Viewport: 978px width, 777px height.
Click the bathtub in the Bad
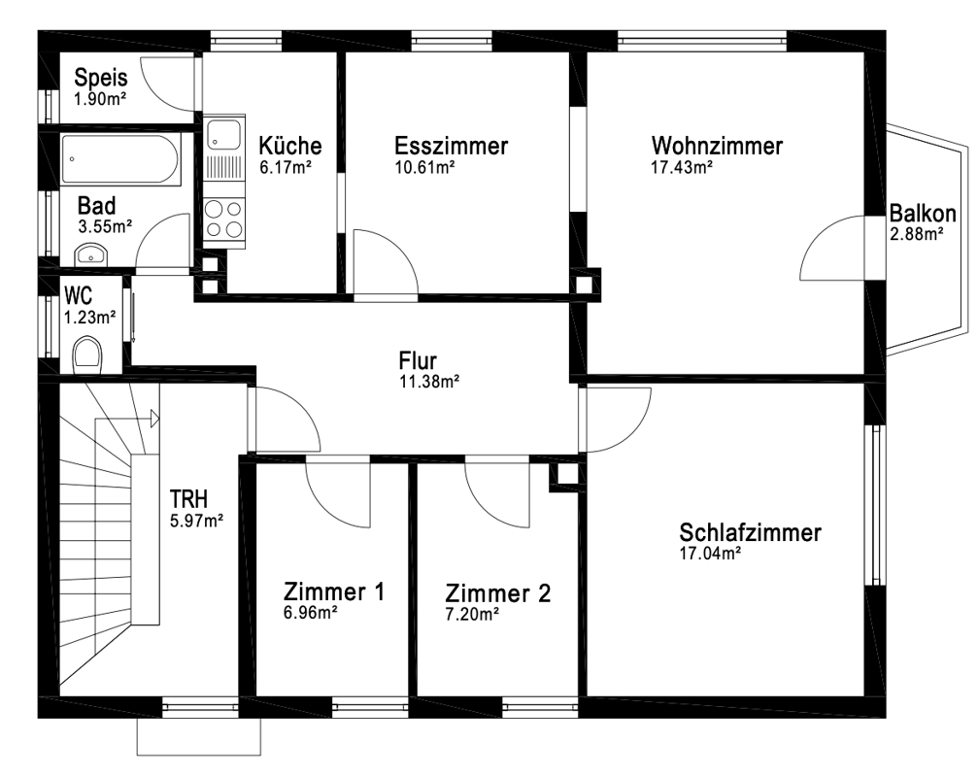121,159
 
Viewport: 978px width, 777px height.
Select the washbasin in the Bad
91,254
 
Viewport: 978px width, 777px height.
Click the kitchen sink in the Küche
224,134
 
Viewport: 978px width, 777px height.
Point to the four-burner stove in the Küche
224,219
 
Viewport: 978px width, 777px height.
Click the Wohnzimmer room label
717,146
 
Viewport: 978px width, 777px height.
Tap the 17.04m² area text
710,554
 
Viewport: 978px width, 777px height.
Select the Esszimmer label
451,146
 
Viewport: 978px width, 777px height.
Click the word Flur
418,360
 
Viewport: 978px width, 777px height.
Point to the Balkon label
923,214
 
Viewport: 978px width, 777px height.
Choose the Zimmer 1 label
334,591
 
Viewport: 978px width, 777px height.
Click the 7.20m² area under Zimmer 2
472,614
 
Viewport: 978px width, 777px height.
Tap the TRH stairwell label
189,499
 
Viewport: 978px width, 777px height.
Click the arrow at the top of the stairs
154,419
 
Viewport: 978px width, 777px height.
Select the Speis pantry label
101,78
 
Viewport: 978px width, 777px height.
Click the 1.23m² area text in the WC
89,318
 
